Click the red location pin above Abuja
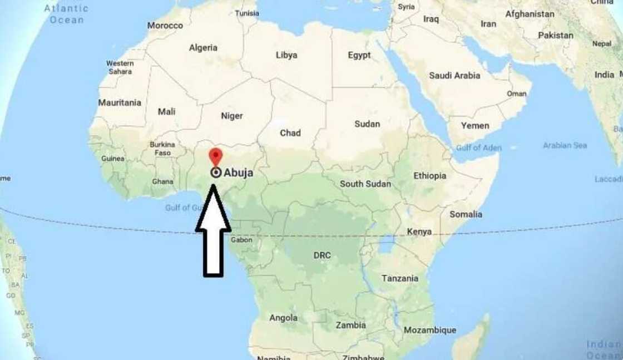click(215, 156)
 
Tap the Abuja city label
click(238, 173)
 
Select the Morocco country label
click(165, 26)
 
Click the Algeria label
click(203, 48)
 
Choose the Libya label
click(286, 55)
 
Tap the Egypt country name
click(359, 55)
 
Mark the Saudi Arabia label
click(454, 75)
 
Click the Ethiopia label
click(429, 176)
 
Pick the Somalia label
click(466, 214)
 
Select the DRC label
click(322, 255)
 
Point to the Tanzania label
click(400, 278)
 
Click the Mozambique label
click(430, 330)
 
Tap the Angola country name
click(283, 318)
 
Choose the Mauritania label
click(120, 102)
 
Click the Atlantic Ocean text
click(67, 14)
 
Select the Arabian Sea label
click(565, 145)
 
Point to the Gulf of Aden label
click(478, 148)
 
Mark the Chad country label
click(290, 133)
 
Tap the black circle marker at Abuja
click(216, 173)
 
